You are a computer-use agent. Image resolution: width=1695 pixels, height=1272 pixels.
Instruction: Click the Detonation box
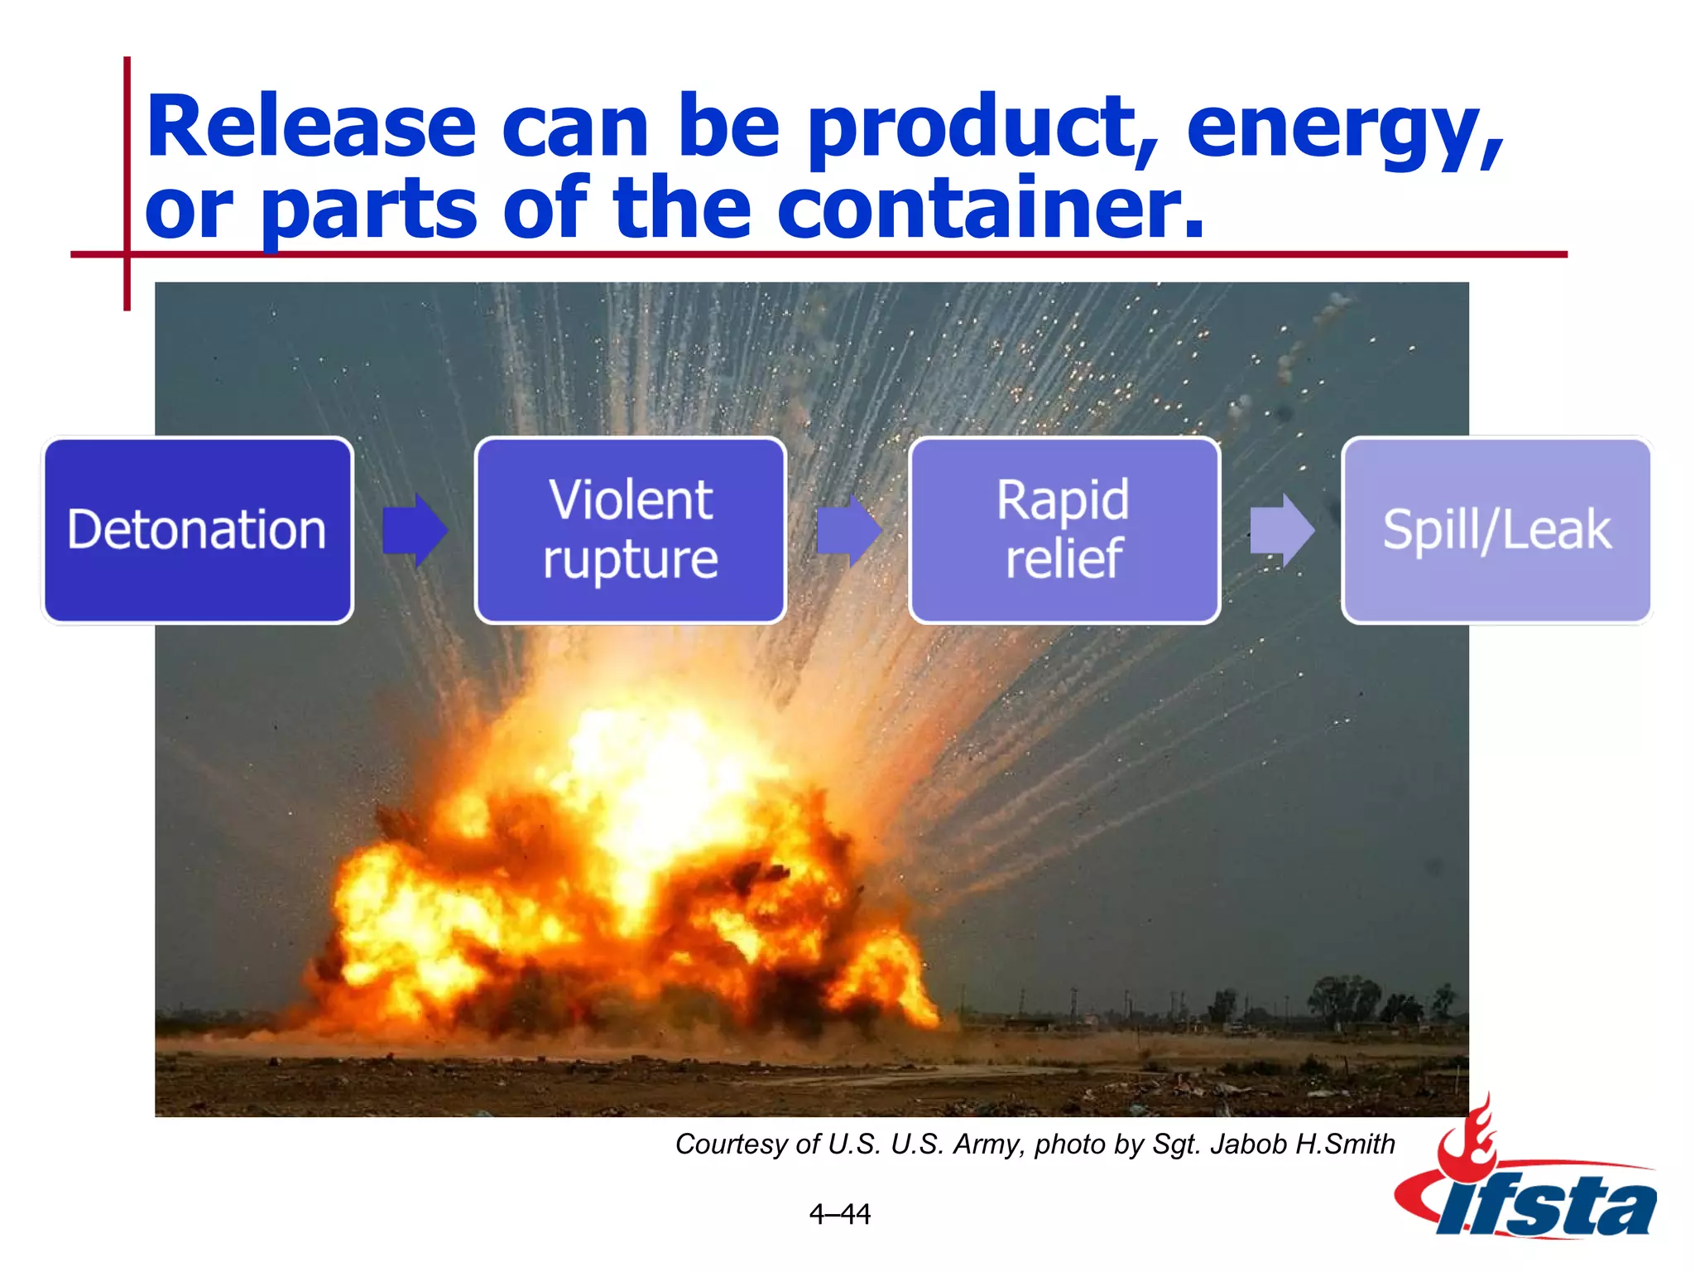point(197,530)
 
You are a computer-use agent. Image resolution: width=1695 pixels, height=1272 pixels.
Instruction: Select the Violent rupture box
point(630,530)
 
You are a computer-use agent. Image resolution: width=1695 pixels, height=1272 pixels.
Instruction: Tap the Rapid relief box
point(1064,530)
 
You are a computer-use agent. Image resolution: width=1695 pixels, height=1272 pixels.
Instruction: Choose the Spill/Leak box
point(1496,530)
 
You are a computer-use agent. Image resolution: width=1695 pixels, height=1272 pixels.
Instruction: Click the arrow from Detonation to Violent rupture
point(415,530)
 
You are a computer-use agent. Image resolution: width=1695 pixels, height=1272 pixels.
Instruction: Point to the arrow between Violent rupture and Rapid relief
point(848,530)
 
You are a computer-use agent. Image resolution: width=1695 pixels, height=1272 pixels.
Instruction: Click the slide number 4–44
point(839,1214)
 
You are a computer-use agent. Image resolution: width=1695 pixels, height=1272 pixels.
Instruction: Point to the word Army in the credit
point(988,1144)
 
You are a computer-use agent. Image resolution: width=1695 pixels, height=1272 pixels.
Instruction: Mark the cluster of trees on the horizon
point(1341,998)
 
